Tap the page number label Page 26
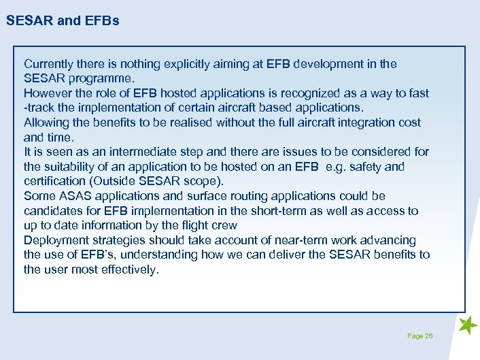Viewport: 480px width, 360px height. [419, 336]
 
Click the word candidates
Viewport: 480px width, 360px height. [53, 211]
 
